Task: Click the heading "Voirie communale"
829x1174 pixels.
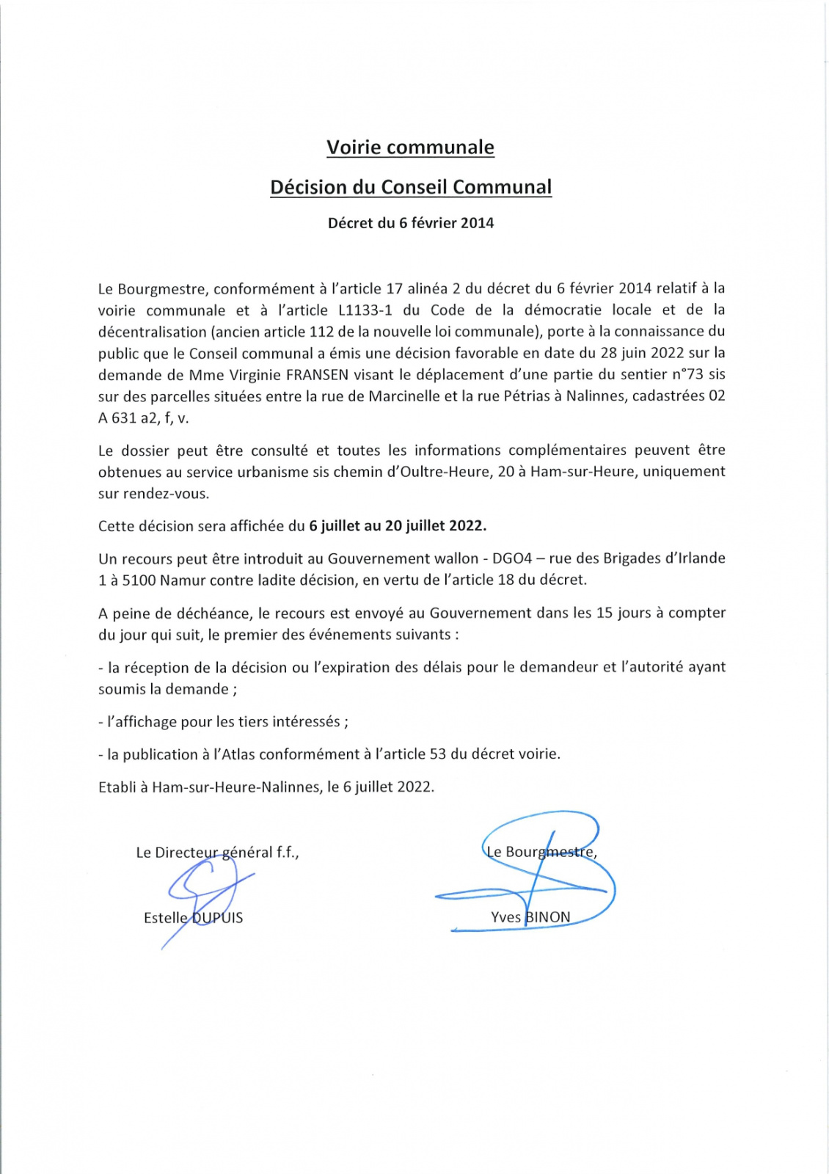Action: point(410,147)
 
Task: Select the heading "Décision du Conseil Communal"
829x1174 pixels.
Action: point(410,187)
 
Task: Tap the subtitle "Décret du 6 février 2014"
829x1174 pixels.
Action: point(410,223)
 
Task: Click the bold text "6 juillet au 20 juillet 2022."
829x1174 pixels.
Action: point(398,526)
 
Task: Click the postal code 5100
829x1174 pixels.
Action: point(139,580)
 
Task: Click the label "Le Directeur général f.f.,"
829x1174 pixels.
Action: point(217,853)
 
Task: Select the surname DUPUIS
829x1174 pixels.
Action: point(217,918)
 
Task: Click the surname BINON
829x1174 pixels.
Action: point(547,917)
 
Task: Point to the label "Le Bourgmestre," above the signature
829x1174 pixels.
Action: point(541,853)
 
